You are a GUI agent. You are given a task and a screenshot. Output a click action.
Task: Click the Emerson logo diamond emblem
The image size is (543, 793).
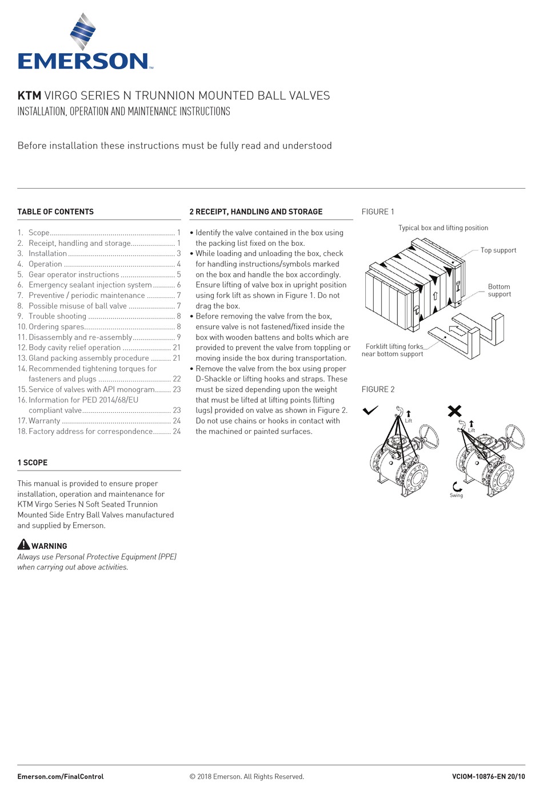pyautogui.click(x=83, y=31)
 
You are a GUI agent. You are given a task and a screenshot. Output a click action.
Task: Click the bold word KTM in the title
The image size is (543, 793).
pyautogui.click(x=29, y=95)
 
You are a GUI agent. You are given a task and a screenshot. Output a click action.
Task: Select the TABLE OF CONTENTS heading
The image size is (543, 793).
pyautogui.click(x=55, y=212)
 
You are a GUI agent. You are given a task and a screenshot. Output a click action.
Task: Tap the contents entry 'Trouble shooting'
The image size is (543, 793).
pyautogui.click(x=57, y=316)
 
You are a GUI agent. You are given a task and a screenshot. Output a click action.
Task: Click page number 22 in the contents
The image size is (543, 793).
pyautogui.click(x=177, y=379)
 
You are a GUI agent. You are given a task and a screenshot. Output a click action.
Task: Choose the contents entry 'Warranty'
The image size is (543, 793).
pyautogui.click(x=44, y=421)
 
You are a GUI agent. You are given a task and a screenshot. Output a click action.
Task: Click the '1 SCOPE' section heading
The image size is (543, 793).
pyautogui.click(x=32, y=463)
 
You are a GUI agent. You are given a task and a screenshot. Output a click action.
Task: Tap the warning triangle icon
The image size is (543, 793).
pyautogui.click(x=23, y=544)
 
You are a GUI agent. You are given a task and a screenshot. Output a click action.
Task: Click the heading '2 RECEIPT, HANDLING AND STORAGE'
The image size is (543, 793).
pyautogui.click(x=256, y=212)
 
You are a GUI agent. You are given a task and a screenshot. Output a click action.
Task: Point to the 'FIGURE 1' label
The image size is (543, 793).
pyautogui.click(x=378, y=212)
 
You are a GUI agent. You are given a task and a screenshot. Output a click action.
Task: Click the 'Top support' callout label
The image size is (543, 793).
pyautogui.click(x=498, y=250)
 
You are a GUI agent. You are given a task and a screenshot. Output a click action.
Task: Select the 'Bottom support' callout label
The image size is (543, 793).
pyautogui.click(x=499, y=290)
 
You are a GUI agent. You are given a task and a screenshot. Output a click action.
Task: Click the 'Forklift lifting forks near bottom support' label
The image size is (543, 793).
pyautogui.click(x=393, y=350)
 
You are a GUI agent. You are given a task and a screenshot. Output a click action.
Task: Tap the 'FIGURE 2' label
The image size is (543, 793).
pyautogui.click(x=378, y=389)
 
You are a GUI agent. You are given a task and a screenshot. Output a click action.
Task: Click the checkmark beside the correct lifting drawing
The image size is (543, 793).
pyautogui.click(x=370, y=410)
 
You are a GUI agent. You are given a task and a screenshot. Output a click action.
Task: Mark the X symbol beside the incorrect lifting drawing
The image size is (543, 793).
pyautogui.click(x=454, y=411)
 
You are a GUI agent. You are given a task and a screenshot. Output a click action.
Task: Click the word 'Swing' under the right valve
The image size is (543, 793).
pyautogui.click(x=456, y=495)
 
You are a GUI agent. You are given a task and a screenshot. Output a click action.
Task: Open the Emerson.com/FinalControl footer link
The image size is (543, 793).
pyautogui.click(x=61, y=776)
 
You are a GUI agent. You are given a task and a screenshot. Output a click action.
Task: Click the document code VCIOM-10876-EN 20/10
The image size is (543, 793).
pyautogui.click(x=489, y=776)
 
